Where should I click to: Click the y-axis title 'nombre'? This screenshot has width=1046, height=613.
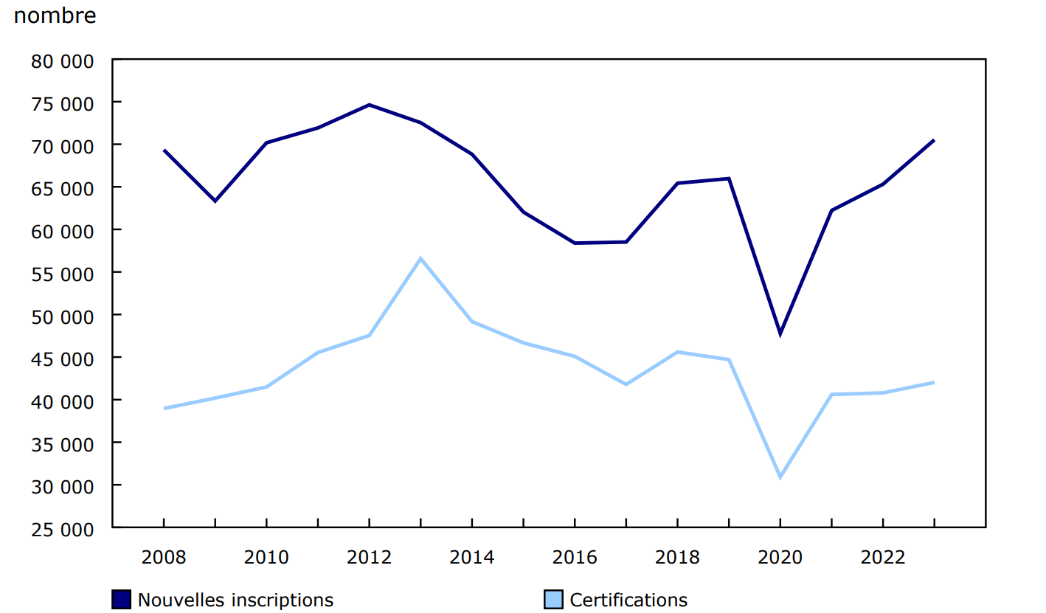[x=55, y=15]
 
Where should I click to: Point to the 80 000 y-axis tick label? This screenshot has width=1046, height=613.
[x=63, y=61]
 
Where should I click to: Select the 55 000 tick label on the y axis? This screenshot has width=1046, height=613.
[x=63, y=274]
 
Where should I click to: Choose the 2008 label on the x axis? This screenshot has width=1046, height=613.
[x=164, y=557]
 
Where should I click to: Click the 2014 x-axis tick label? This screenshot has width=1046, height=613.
[x=472, y=557]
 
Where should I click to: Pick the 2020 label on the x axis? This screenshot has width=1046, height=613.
[x=780, y=557]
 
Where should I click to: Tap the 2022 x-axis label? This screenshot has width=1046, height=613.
[x=883, y=557]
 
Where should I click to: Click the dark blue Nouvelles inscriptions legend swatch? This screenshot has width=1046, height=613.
[x=122, y=600]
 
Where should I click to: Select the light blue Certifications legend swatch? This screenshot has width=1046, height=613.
[x=553, y=600]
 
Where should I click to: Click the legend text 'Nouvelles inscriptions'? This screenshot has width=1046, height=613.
[x=235, y=600]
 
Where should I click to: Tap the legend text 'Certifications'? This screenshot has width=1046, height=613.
[x=628, y=600]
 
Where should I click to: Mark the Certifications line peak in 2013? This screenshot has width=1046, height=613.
[x=420, y=258]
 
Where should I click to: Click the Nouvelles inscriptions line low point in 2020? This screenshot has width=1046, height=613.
[x=780, y=334]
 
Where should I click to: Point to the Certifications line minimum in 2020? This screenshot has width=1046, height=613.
[x=780, y=477]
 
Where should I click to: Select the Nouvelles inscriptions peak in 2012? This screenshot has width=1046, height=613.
[x=369, y=105]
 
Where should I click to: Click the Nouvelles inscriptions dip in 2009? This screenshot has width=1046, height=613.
[x=215, y=201]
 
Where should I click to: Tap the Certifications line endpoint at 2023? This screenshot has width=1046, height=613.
[x=934, y=382]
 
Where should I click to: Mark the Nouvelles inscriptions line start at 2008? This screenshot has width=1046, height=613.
[x=164, y=150]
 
